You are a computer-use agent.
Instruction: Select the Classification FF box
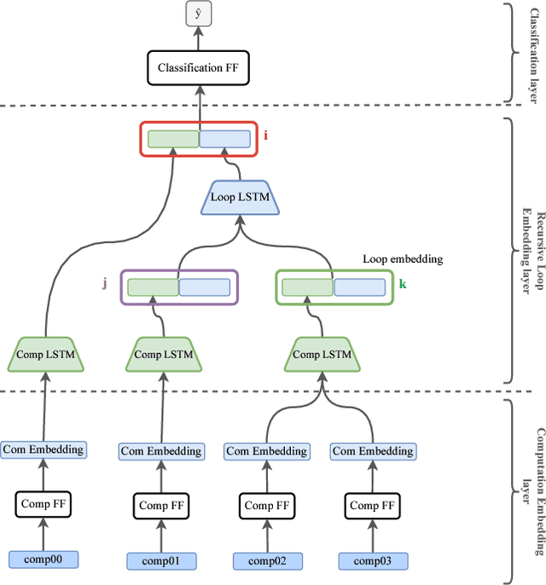pyautogui.click(x=199, y=67)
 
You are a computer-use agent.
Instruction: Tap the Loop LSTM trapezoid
pyautogui.click(x=240, y=198)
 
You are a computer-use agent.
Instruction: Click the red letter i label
pyautogui.click(x=265, y=135)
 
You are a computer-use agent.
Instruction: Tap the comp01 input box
pyautogui.click(x=161, y=560)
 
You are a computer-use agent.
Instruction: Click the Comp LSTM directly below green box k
pyautogui.click(x=322, y=354)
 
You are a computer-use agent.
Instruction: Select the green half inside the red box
pyautogui.click(x=173, y=139)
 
